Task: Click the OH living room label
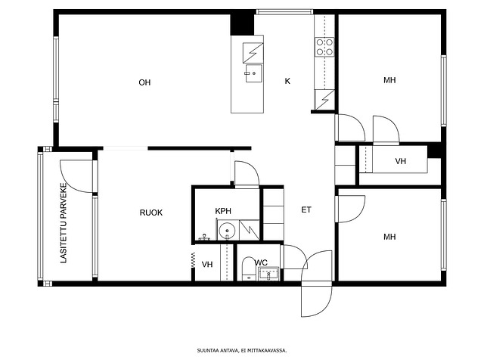click(144, 82)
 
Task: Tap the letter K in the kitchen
click(287, 81)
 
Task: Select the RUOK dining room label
click(151, 213)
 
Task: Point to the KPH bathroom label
click(223, 211)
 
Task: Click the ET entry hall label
click(306, 210)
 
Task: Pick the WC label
click(261, 262)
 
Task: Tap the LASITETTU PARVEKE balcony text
click(64, 223)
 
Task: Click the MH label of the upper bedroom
click(389, 80)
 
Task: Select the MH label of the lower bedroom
click(389, 237)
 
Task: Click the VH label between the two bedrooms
click(400, 161)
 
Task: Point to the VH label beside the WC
click(207, 265)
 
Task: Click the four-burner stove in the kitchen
click(324, 47)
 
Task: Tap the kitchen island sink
click(253, 73)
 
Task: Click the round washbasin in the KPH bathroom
click(227, 231)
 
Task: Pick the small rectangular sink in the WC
click(268, 274)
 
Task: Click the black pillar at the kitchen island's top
click(242, 24)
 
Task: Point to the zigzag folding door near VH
click(193, 260)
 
